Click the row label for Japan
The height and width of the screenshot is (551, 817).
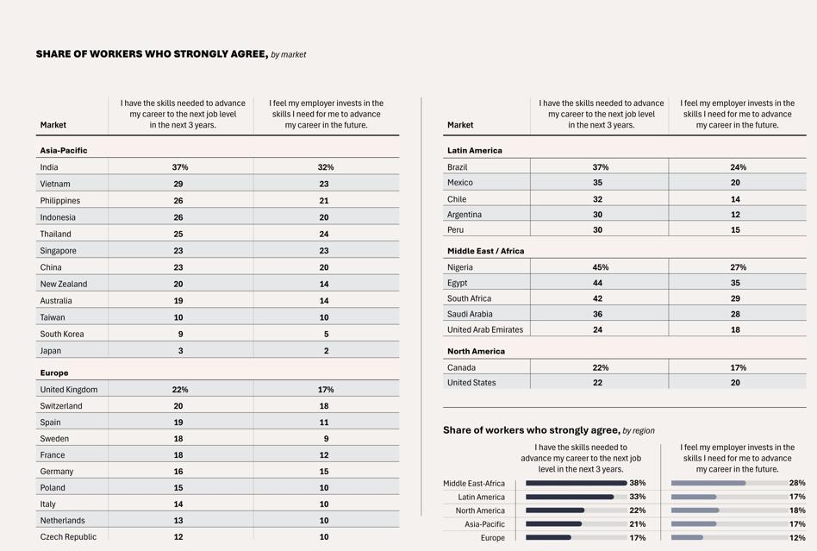[51, 351]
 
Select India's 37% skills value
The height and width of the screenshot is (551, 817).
[180, 167]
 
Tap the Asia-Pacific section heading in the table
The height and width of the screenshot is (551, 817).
[64, 151]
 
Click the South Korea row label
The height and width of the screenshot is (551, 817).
[62, 335]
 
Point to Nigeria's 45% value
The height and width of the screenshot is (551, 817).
[600, 267]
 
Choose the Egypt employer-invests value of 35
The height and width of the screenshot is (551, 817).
[735, 283]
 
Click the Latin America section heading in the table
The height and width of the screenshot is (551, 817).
[475, 151]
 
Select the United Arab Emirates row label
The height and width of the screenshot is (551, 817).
[485, 330]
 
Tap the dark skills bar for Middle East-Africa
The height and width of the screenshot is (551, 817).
[577, 483]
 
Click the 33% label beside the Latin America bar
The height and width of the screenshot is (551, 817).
[637, 497]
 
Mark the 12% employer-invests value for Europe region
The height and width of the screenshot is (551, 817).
[797, 538]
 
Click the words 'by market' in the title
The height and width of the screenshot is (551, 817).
[288, 54]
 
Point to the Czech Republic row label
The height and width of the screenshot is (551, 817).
[68, 537]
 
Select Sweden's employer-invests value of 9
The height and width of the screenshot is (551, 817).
[326, 439]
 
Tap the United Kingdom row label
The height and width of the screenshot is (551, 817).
[69, 390]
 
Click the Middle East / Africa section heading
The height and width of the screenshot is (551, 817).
[485, 251]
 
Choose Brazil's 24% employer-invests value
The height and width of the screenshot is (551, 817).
[739, 167]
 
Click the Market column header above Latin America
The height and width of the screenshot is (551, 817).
[460, 125]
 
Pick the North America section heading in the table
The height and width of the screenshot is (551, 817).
[476, 351]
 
